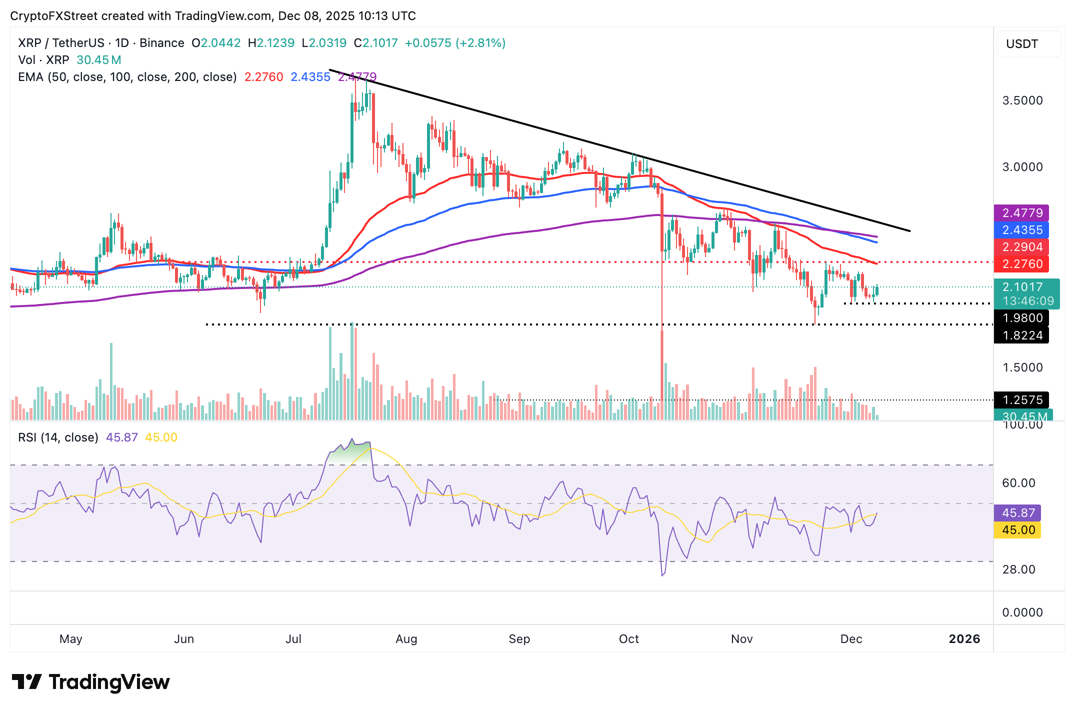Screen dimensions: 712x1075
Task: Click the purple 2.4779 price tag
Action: point(1021,213)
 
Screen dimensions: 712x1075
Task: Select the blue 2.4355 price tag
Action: point(1021,230)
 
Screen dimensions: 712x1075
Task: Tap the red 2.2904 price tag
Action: point(1021,247)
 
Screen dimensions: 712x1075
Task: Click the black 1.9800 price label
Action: point(1021,318)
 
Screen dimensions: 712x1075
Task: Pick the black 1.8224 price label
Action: point(1021,335)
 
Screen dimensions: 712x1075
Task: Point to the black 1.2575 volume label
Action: point(1021,400)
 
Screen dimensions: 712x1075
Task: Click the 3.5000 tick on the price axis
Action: point(1022,100)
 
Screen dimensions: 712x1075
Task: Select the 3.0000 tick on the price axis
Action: point(1022,167)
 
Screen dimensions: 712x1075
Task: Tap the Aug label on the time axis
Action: point(406,639)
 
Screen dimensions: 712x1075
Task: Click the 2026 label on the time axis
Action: point(964,639)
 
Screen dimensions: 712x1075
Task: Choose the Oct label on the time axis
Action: point(628,639)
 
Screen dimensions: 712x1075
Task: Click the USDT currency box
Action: point(1028,44)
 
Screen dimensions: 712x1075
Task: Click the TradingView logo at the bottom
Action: point(90,682)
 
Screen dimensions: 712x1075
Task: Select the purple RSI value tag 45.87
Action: point(1017,513)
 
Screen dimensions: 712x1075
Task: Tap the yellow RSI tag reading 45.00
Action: point(1017,530)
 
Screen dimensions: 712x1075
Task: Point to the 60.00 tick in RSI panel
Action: point(1018,483)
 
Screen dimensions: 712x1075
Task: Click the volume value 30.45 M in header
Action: point(98,60)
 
